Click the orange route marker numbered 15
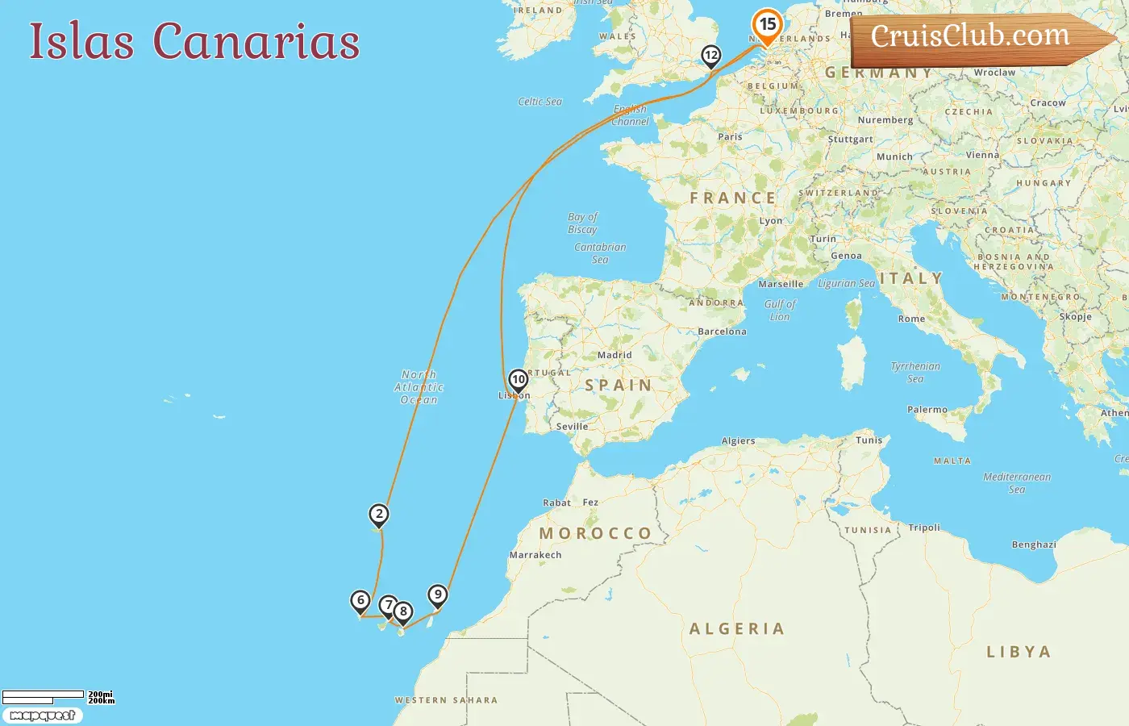click(767, 25)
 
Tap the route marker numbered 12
click(710, 56)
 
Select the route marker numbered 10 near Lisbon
click(519, 379)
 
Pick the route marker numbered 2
click(379, 514)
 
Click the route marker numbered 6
click(360, 600)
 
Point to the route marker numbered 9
click(437, 595)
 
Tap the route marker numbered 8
click(403, 611)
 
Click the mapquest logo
click(42, 716)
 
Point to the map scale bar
click(44, 695)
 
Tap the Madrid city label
click(614, 355)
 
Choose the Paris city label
click(730, 136)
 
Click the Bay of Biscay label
click(582, 223)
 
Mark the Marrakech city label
click(535, 555)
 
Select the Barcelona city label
click(722, 332)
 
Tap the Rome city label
click(911, 319)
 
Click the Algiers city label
click(738, 441)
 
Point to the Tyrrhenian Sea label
click(915, 372)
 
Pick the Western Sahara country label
click(446, 700)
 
